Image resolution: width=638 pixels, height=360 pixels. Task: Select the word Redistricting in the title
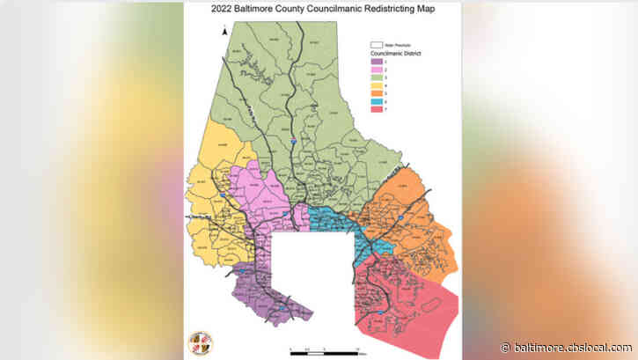[382, 11]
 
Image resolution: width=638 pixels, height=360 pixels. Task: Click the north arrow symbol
[225, 33]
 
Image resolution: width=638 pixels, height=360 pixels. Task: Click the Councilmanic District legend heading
[390, 53]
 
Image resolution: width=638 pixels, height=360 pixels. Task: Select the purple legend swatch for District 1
[376, 61]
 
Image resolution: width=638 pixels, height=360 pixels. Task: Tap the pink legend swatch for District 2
[376, 69]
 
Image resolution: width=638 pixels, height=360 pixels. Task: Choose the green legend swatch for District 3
[376, 77]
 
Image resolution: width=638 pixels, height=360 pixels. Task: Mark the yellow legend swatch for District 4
[376, 84]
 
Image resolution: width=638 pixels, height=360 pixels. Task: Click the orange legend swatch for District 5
[376, 92]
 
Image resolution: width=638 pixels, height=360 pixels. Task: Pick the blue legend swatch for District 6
[376, 100]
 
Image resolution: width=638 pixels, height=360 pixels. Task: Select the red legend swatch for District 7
[376, 108]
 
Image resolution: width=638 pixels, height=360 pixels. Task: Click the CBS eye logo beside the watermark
[505, 347]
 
